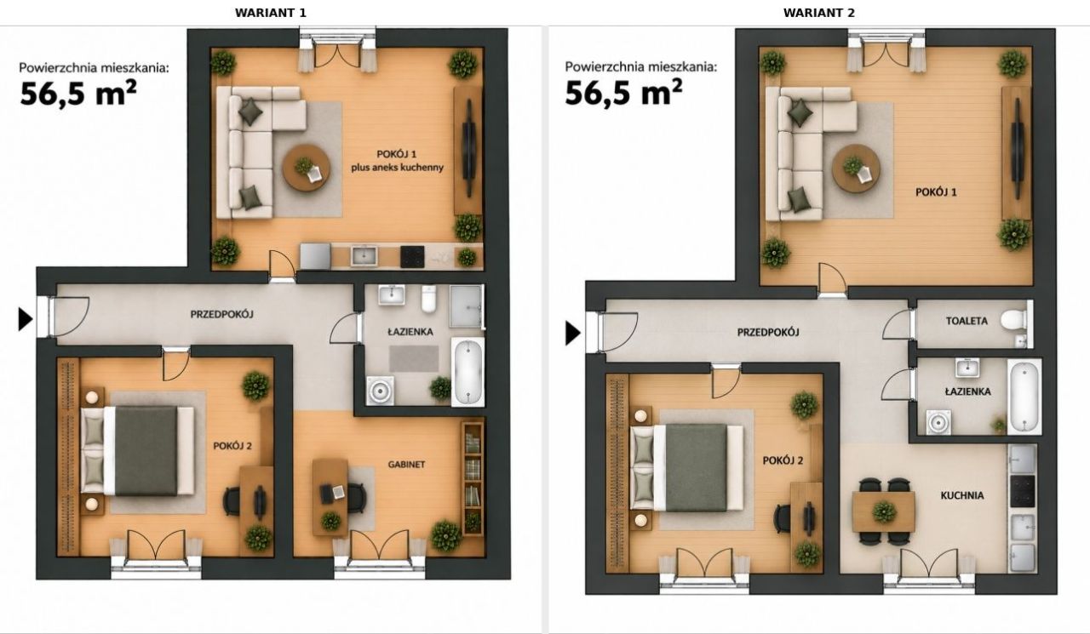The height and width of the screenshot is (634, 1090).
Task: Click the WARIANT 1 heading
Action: click(271, 13)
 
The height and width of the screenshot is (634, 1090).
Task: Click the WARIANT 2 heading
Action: click(819, 13)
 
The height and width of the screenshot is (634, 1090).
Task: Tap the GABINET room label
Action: click(406, 465)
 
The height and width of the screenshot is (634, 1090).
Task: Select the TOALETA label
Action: click(967, 321)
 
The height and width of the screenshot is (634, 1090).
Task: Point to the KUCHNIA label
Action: click(962, 495)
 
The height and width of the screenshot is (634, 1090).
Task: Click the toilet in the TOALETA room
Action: click(1013, 320)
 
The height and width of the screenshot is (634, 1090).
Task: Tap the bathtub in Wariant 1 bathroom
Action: click(468, 372)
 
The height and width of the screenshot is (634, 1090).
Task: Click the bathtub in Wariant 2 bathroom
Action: click(1024, 397)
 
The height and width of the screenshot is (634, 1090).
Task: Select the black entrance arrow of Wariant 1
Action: click(26, 319)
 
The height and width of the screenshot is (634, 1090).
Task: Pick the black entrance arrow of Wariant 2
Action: click(573, 334)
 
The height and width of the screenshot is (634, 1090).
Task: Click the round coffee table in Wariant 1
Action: click(307, 168)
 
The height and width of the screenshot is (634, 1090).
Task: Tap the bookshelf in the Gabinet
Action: click(472, 478)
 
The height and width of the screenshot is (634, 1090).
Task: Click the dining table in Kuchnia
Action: click(884, 511)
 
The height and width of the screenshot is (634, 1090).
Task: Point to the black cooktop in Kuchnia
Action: click(1024, 491)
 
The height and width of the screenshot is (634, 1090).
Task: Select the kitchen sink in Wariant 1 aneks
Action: click(364, 255)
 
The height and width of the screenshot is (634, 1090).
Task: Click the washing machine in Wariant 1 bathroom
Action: click(381, 391)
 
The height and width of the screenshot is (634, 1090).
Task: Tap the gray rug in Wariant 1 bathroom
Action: click(414, 359)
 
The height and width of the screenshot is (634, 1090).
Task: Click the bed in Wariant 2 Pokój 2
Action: click(687, 468)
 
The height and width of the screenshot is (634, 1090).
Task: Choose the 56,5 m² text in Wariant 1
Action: click(77, 93)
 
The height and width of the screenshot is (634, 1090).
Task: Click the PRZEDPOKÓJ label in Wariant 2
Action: click(768, 333)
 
